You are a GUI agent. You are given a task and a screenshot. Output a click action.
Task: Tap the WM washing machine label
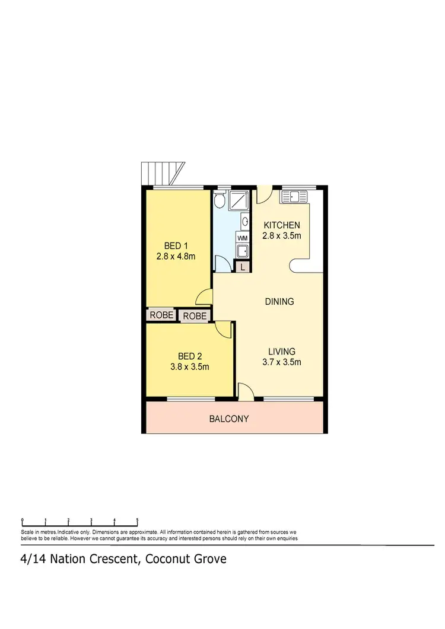tap(242, 238)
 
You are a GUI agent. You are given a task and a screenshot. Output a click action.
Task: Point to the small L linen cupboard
tap(242, 267)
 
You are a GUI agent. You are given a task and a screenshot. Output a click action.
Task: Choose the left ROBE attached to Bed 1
tap(161, 315)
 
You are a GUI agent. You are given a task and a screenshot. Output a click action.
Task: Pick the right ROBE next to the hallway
tap(195, 316)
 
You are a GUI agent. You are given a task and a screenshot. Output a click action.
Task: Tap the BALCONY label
tap(229, 419)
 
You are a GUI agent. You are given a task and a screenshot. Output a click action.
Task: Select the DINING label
tap(279, 302)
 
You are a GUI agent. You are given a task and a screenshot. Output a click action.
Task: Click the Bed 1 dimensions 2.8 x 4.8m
tap(176, 257)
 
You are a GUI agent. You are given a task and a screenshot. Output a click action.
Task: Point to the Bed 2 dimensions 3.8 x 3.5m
tap(190, 366)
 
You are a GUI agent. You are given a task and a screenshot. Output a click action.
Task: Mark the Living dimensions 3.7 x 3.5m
tap(281, 362)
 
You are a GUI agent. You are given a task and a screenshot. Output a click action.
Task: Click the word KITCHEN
tap(282, 225)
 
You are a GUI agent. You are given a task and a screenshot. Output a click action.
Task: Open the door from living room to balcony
tap(245, 391)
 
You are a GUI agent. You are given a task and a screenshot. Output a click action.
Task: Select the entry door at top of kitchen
tap(265, 194)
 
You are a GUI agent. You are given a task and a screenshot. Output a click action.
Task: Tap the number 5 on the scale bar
tap(138, 521)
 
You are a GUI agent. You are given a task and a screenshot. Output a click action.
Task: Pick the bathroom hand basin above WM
tap(244, 222)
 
